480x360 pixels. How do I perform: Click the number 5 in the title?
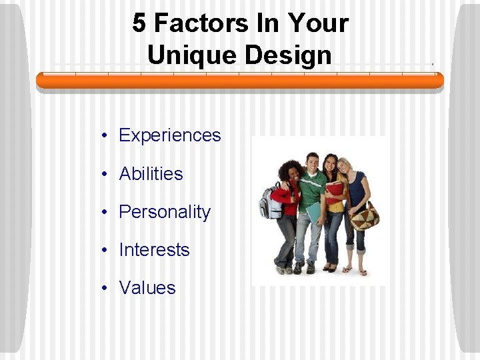point(139,23)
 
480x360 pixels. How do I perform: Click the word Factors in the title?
point(193,23)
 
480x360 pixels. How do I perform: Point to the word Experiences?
point(169,135)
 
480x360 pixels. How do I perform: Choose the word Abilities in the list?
point(151,174)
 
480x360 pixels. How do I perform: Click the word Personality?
point(165,212)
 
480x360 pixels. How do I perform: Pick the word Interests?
point(154,250)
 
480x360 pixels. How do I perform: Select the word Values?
point(147,288)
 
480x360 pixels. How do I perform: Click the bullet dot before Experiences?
point(105,136)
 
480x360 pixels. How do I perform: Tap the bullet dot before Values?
point(105,289)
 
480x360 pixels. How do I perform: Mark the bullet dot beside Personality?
point(105,213)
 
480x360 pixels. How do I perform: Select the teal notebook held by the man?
point(313,211)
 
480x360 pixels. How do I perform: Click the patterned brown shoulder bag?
point(365,215)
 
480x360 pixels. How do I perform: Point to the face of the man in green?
point(311,163)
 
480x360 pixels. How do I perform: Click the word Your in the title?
point(318,23)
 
